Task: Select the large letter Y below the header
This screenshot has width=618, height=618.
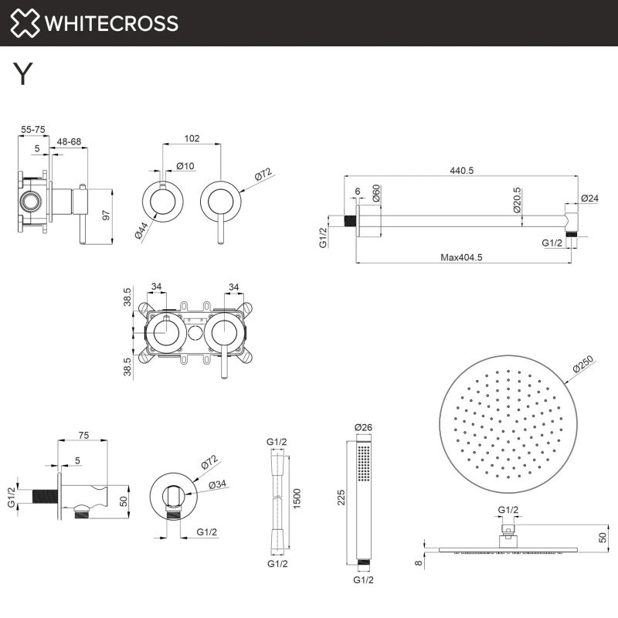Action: click(23, 73)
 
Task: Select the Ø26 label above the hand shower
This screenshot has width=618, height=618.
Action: click(363, 427)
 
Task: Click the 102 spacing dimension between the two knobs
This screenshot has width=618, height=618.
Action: click(192, 139)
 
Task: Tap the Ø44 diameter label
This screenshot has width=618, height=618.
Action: click(144, 229)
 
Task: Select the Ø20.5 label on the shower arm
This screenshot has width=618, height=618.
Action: click(517, 201)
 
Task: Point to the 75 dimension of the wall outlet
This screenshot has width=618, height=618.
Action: click(84, 436)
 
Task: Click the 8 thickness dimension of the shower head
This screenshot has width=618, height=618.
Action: click(418, 564)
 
